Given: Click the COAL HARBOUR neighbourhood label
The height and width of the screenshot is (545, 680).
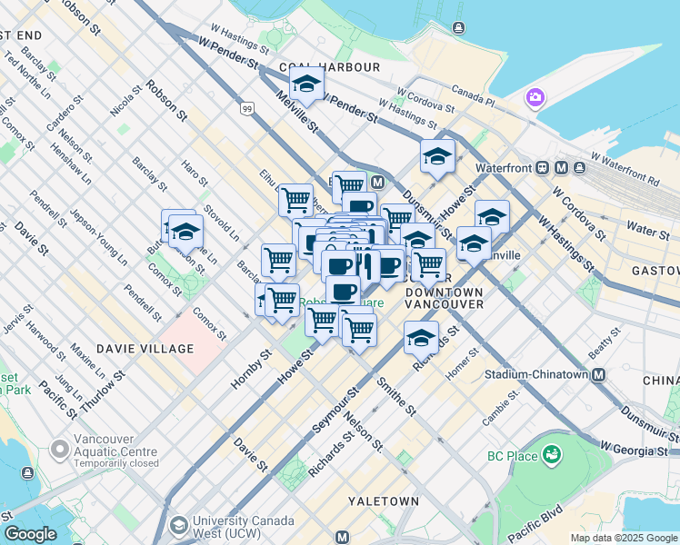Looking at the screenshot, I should (x=330, y=67).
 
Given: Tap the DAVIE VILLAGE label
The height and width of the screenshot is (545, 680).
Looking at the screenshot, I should (x=145, y=349).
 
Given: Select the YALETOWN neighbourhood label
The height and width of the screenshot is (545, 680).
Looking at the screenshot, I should (x=384, y=501).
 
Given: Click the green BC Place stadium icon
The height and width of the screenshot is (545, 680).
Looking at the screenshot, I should (x=550, y=453).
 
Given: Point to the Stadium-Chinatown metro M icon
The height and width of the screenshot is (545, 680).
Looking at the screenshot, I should (x=599, y=374).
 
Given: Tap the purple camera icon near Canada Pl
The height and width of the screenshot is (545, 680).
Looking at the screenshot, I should (x=535, y=96).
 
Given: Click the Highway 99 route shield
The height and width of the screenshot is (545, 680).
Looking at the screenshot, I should (x=247, y=109).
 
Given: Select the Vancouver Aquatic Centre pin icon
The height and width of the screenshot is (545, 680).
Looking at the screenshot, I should (x=60, y=449).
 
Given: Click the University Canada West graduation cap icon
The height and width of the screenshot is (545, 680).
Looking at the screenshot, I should (x=177, y=525).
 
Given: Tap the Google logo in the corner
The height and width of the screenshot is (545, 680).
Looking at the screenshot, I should (x=30, y=534).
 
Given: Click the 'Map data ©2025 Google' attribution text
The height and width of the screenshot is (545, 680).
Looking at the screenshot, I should (x=624, y=538).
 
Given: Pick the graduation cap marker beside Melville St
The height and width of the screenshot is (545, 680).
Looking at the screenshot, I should (x=308, y=84).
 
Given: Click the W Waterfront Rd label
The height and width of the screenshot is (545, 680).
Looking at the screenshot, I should (x=626, y=167).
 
